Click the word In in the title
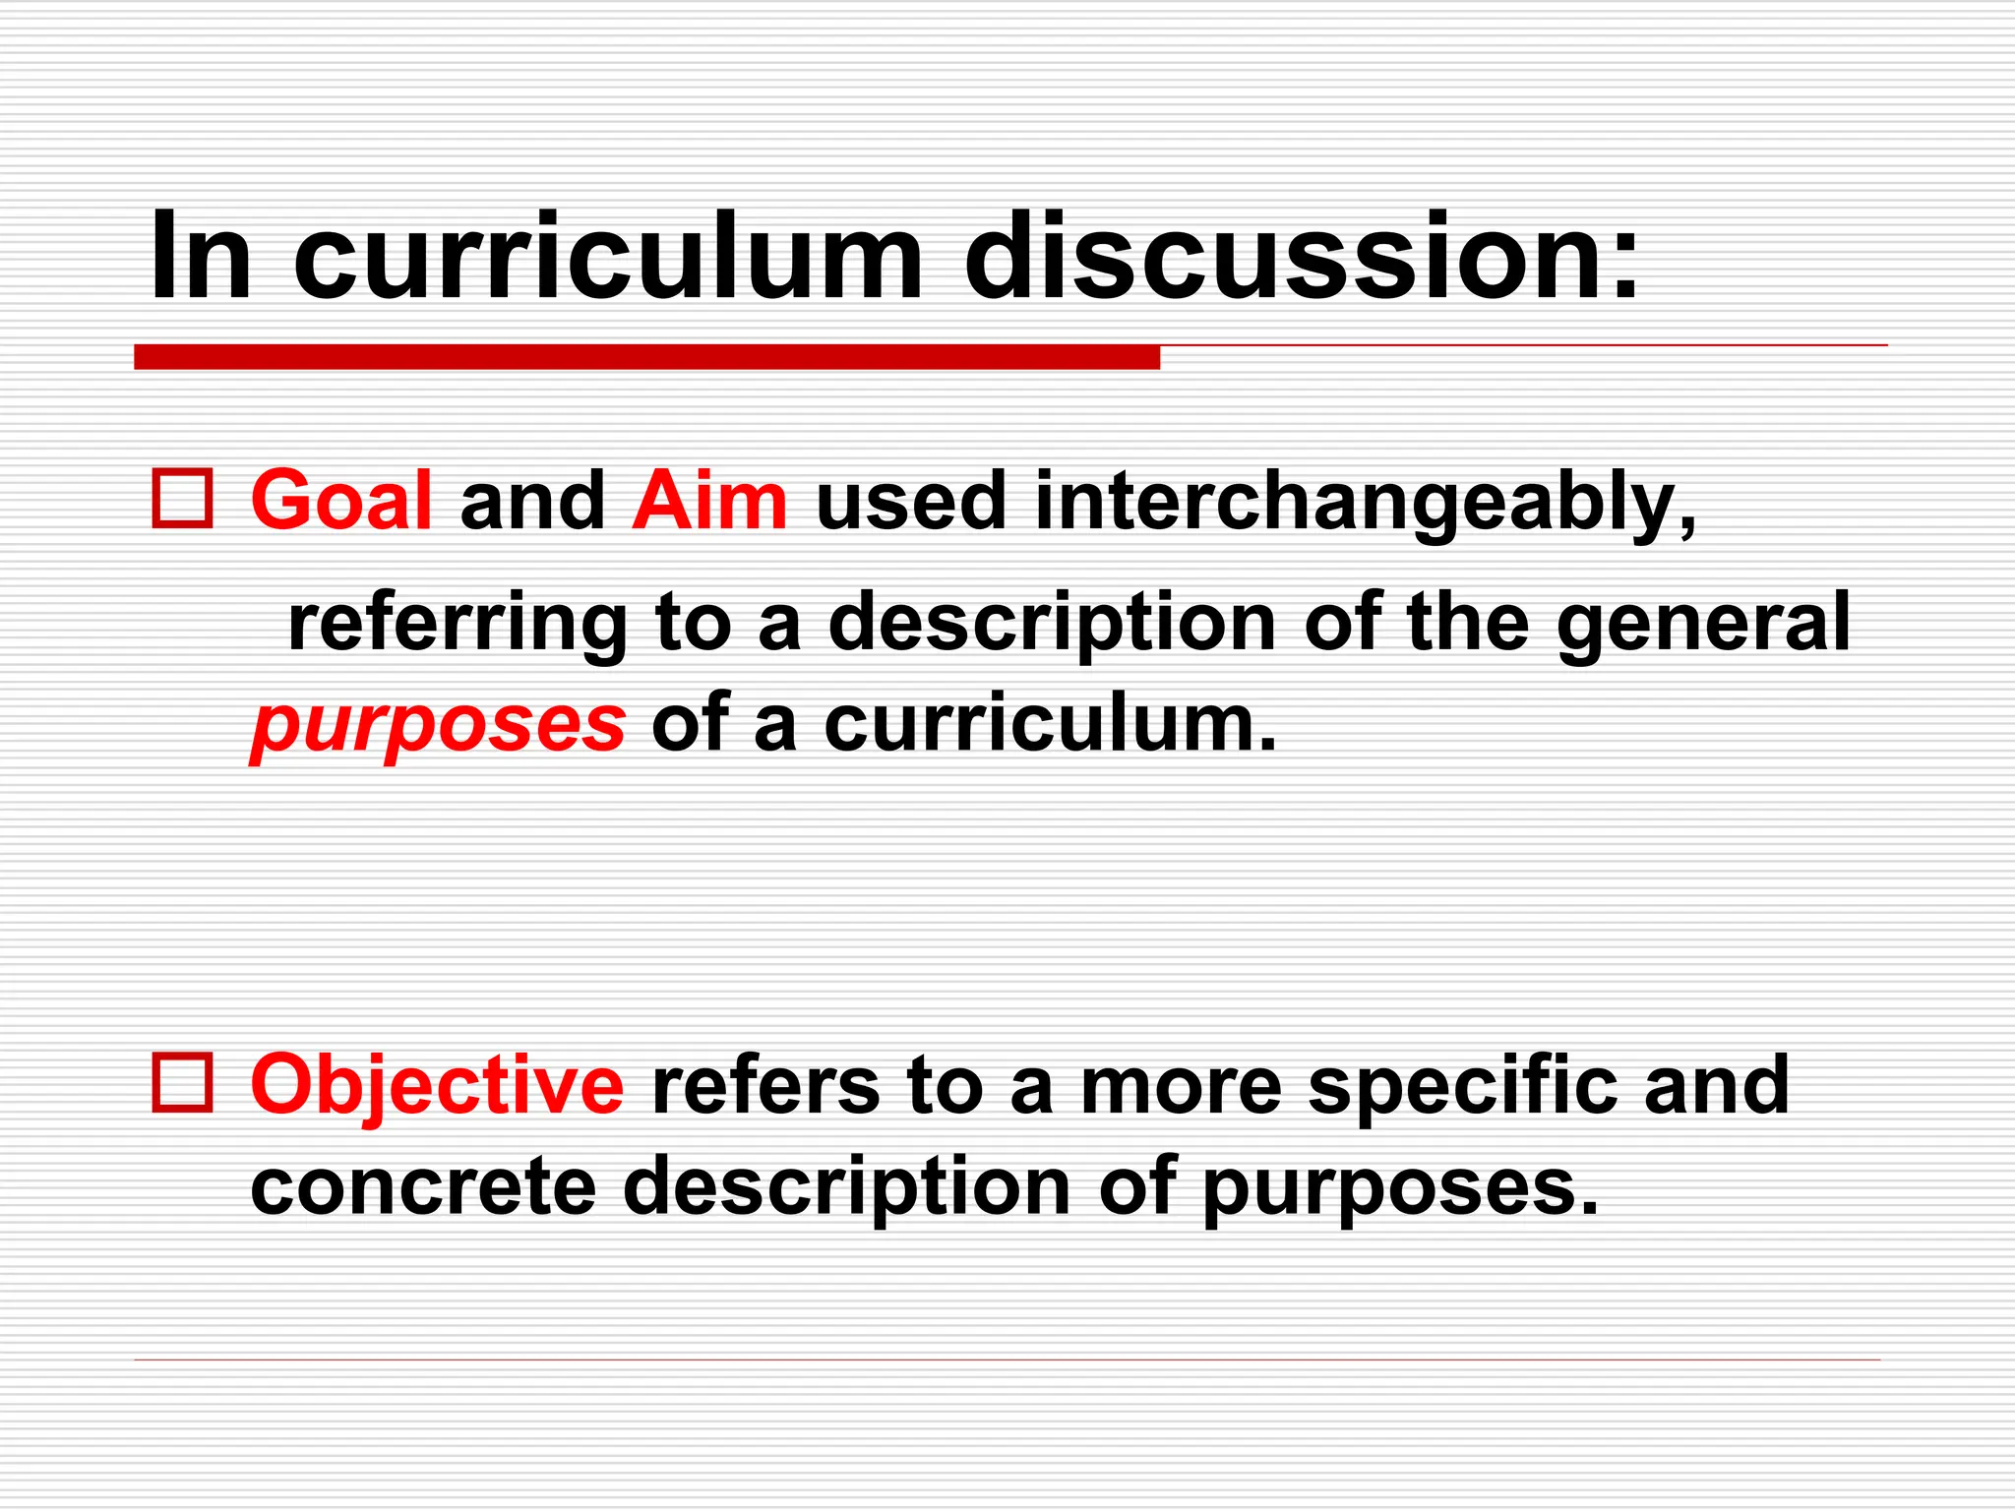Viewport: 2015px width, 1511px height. pyautogui.click(x=201, y=257)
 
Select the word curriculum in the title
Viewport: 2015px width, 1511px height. pyautogui.click(x=607, y=257)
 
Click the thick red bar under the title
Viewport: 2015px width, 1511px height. pyautogui.click(x=646, y=357)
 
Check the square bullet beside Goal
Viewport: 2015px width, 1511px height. pyautogui.click(x=182, y=500)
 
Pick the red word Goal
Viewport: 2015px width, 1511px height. pyautogui.click(x=340, y=501)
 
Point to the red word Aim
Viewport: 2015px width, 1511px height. pyautogui.click(x=709, y=501)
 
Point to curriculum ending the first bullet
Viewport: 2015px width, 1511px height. pyautogui.click(x=1050, y=725)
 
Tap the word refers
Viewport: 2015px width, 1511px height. pyautogui.click(x=765, y=1085)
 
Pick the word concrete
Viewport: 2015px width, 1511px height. pyautogui.click(x=423, y=1186)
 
